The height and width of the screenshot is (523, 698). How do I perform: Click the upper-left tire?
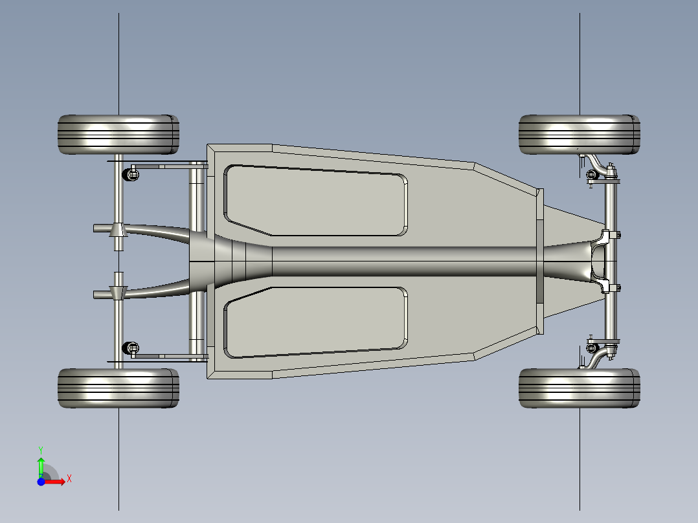point(118,135)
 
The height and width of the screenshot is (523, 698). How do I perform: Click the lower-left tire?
point(118,388)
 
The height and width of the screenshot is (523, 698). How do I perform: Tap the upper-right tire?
point(579,135)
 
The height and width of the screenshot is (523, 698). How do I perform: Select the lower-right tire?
point(579,388)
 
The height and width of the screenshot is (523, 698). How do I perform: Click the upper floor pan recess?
point(315,200)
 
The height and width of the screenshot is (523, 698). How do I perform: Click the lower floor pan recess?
point(315,322)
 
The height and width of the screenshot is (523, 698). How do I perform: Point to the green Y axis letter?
point(41,450)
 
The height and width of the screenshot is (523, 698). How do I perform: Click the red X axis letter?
point(69,479)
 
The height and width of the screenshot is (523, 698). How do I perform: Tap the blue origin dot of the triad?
point(41,482)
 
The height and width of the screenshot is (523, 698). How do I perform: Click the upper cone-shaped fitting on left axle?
point(118,230)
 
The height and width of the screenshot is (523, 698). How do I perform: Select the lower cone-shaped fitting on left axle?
point(118,293)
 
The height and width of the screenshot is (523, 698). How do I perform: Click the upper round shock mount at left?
point(130,174)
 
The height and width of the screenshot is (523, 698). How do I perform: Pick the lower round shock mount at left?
point(130,348)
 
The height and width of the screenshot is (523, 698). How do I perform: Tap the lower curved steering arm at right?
point(595,359)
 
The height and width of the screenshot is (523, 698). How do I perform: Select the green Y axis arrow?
point(41,467)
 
